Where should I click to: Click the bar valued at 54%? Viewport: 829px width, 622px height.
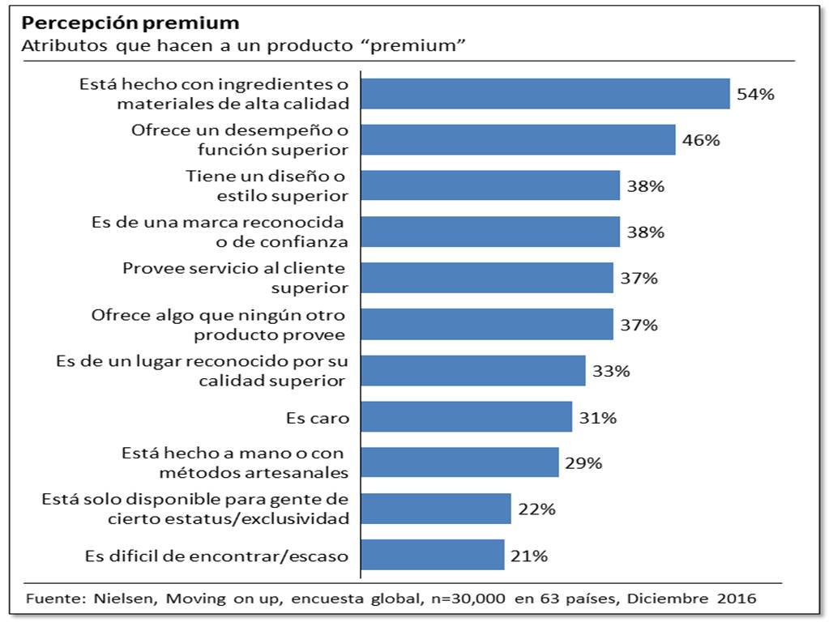point(545,94)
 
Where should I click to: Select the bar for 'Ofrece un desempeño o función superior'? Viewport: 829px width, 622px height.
point(518,140)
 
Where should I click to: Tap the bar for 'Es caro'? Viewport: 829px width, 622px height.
point(466,418)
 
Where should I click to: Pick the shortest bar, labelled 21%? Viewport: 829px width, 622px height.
point(432,556)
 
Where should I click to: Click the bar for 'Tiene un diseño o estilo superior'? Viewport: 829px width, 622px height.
point(490,186)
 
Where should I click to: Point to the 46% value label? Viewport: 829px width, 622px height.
point(701,140)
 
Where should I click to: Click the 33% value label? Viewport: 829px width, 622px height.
point(611,372)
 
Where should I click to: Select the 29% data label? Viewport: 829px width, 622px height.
point(583,463)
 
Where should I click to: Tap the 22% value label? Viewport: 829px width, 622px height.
point(536,509)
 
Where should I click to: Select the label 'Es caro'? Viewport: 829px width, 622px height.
point(317,419)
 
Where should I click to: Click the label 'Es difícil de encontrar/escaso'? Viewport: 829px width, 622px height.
point(216,556)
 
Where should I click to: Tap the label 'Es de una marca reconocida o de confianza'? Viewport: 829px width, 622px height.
point(218,232)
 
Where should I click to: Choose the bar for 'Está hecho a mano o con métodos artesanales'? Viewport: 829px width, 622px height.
point(459,463)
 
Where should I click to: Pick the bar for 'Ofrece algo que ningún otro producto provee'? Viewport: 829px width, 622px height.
point(486,325)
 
